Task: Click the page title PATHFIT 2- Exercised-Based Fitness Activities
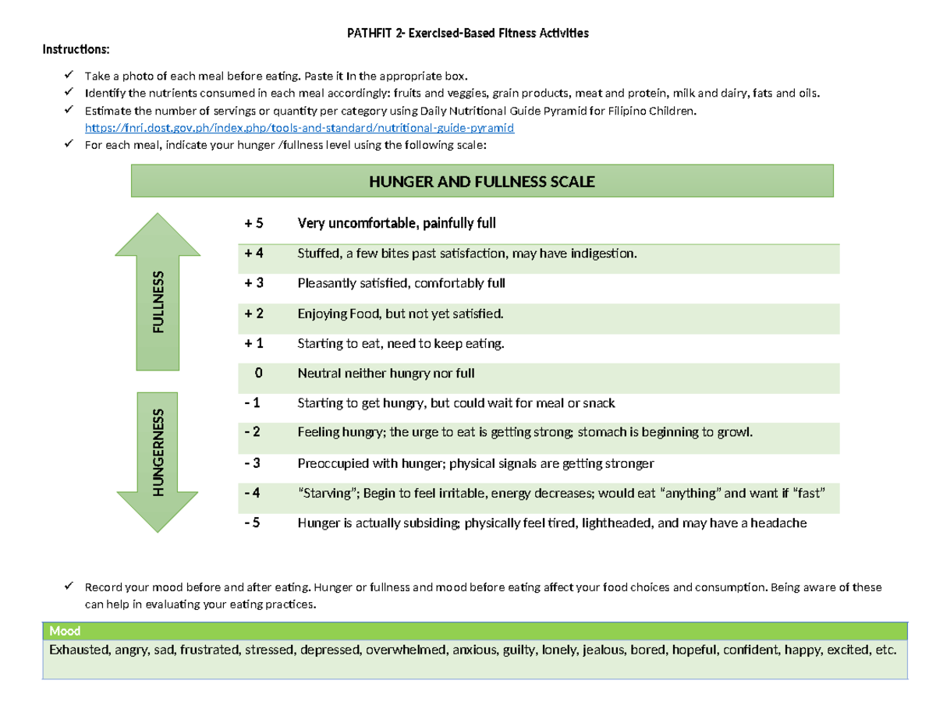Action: coord(468,34)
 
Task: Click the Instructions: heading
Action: coord(76,50)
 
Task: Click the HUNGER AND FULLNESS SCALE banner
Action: coord(482,182)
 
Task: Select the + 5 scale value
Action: coord(254,224)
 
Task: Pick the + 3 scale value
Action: coord(254,283)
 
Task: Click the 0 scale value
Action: coord(258,374)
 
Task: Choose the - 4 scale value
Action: coord(254,494)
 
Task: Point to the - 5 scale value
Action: coord(254,524)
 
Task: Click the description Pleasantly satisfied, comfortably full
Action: coord(401,283)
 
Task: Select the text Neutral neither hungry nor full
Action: coord(385,374)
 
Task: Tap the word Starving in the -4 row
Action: coord(325,494)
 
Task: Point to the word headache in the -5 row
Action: coord(780,524)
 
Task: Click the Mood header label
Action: coord(65,631)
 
